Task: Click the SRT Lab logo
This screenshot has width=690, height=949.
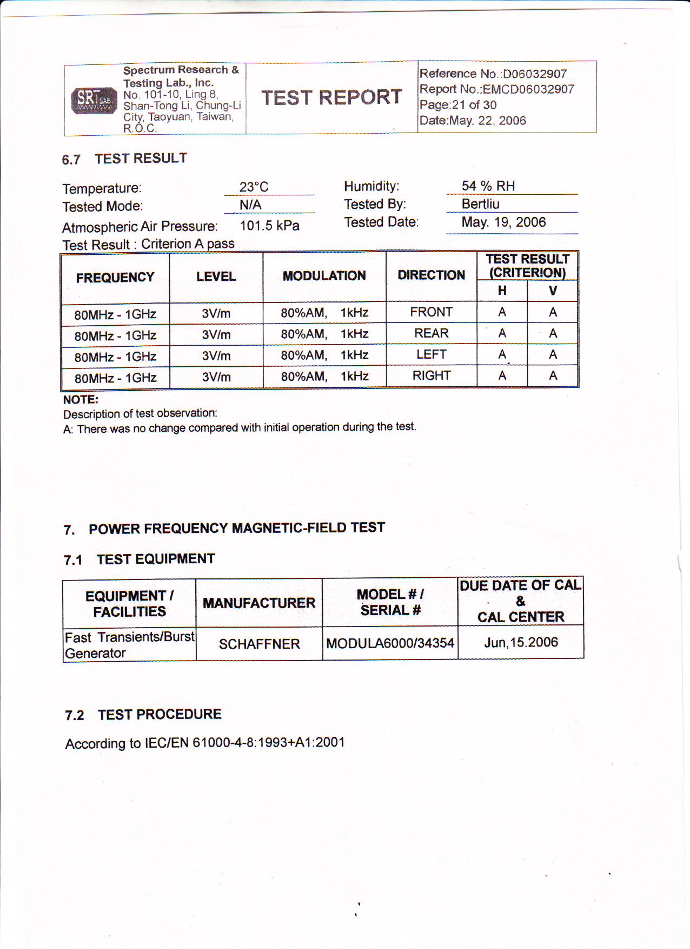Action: click(x=94, y=100)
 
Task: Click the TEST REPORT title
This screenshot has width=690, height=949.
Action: click(x=331, y=97)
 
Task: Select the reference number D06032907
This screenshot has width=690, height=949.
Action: click(x=534, y=74)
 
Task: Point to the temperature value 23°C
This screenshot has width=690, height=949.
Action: click(x=254, y=187)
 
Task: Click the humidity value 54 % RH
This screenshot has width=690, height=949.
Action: click(x=488, y=186)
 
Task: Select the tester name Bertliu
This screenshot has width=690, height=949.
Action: click(x=480, y=204)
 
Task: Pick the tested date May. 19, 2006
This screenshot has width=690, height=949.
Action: click(x=503, y=222)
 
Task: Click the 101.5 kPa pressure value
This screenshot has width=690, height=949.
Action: click(x=269, y=226)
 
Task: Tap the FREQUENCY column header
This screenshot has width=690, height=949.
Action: click(x=115, y=278)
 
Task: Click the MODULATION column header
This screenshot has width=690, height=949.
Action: click(x=324, y=276)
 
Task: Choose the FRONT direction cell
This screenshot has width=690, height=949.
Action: click(x=431, y=312)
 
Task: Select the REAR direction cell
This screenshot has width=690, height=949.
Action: click(x=431, y=333)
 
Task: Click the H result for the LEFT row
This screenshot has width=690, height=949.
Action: click(x=502, y=354)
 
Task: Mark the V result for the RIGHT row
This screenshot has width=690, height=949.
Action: click(x=553, y=375)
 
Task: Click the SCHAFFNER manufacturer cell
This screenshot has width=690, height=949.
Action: click(x=259, y=644)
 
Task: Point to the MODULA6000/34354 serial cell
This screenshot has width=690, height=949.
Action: click(x=390, y=643)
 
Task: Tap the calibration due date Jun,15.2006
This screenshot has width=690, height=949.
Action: click(x=521, y=642)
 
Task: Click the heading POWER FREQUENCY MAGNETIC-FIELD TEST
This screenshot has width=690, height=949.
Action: click(x=237, y=528)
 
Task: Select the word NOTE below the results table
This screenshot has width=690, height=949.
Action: click(x=81, y=400)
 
